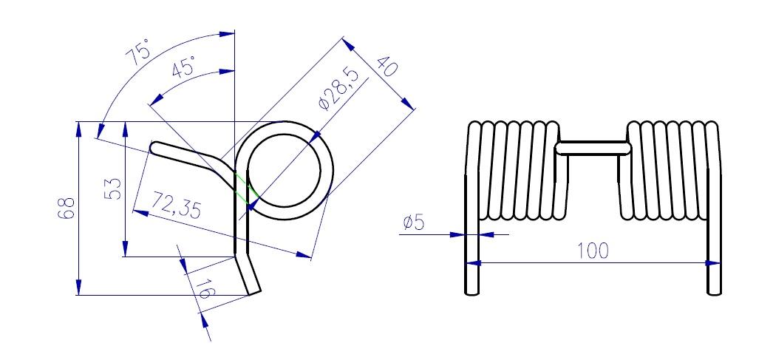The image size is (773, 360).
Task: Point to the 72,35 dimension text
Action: (x=176, y=206)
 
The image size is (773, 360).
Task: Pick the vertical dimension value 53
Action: (x=113, y=189)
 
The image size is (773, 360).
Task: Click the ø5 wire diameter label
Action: (x=414, y=223)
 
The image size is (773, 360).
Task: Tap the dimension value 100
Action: (x=593, y=251)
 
